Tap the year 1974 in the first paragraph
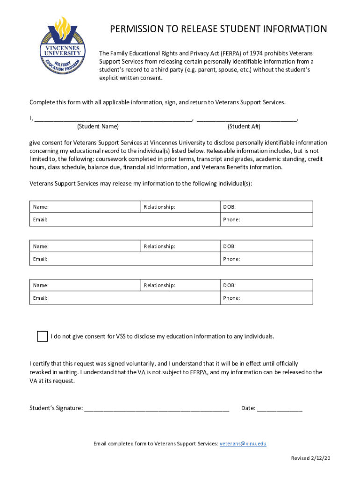pyautogui.click(x=255, y=53)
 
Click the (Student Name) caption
pyautogui.click(x=98, y=127)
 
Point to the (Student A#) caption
pyautogui.click(x=244, y=127)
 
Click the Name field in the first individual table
pyautogui.click(x=94, y=207)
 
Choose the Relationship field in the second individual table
pyautogui.click(x=196, y=246)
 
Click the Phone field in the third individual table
pyautogui.click(x=276, y=298)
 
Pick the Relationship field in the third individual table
pyautogui.click(x=196, y=285)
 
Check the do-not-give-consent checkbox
pyautogui.click(x=43, y=336)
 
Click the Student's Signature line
pyautogui.click(x=157, y=407)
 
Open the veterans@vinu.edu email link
pyautogui.click(x=243, y=443)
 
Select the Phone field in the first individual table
pyautogui.click(x=276, y=219)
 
